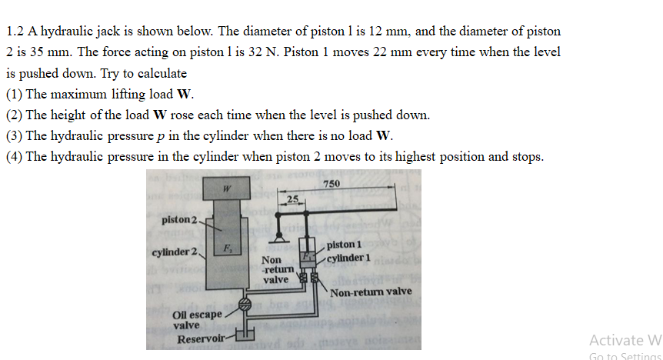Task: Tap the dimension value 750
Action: coord(331,182)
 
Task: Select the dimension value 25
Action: coord(292,199)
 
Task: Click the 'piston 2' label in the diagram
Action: coord(179,221)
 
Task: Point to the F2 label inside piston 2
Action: coord(228,248)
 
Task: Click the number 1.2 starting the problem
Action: coord(15,32)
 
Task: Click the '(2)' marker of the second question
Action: coord(14,115)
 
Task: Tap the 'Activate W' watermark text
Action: coord(625,339)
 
